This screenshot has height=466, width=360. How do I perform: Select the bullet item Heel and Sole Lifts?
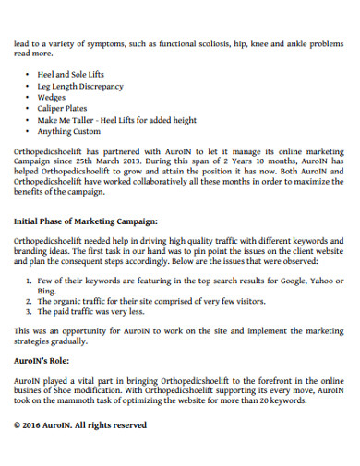coord(72,73)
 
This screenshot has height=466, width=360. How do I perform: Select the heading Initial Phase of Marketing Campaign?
coord(86,221)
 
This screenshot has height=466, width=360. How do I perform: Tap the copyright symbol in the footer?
coord(18,425)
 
